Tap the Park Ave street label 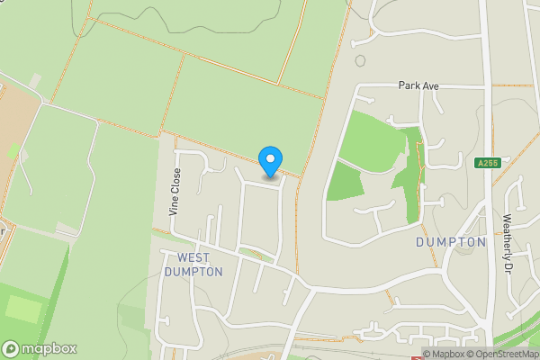tap(418, 85)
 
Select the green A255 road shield tap(487, 163)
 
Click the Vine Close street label tap(175, 192)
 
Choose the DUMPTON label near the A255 tap(451, 242)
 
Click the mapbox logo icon tap(12, 348)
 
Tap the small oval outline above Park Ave tap(360, 61)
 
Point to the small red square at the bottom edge tap(415, 357)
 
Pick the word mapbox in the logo tap(49, 349)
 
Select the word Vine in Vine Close tap(175, 206)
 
